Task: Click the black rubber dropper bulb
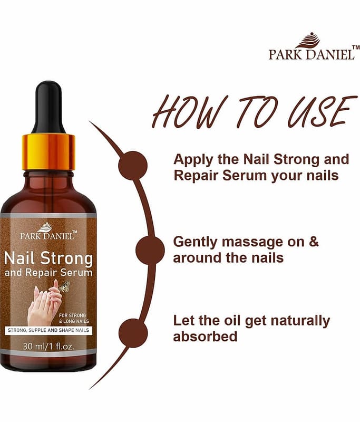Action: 48,108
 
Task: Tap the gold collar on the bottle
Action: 48,152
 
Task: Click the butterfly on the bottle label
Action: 64,287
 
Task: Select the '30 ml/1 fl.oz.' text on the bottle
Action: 48,346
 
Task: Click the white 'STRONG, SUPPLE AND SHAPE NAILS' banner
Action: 48,330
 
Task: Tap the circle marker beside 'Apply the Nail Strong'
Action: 133,165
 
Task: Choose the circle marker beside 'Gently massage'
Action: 150,250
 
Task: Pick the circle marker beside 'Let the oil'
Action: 133,333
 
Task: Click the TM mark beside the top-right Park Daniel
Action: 356,47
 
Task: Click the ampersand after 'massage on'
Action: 314,242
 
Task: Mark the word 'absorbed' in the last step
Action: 205,337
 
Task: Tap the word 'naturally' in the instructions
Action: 300,321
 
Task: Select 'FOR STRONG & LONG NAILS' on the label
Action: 74,318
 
